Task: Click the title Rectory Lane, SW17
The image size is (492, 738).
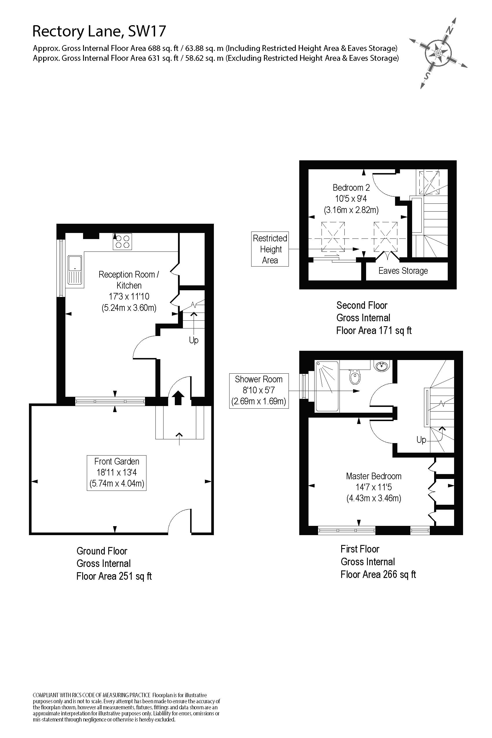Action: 99,31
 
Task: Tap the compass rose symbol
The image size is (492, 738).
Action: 438,53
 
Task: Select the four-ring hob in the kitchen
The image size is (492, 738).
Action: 122,242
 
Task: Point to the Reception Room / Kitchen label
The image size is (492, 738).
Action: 129,280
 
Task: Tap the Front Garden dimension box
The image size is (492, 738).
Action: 117,473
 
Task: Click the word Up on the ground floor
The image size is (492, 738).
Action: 194,340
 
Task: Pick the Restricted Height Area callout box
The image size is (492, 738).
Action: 270,249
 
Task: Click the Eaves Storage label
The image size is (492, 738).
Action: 403,271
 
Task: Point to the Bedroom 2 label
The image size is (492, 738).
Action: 351,188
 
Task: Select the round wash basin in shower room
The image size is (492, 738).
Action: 382,366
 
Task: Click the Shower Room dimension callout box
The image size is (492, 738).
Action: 258,390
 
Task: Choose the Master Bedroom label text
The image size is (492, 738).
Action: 373,476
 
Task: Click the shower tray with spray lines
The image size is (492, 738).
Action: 327,386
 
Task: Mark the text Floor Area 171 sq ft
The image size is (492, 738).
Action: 373,331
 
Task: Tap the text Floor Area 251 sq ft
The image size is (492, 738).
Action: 114,577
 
